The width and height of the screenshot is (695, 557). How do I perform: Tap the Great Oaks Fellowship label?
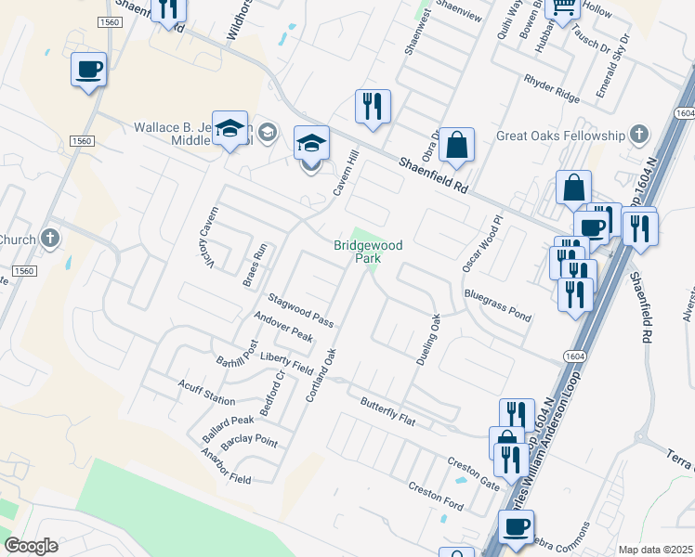click(560, 136)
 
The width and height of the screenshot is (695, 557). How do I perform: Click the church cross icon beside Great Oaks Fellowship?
click(638, 136)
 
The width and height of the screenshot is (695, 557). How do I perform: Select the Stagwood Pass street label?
click(300, 309)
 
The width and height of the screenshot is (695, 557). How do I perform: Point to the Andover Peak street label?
click(284, 327)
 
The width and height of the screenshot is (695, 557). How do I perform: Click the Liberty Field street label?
click(287, 363)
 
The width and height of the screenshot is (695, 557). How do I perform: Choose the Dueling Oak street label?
click(427, 339)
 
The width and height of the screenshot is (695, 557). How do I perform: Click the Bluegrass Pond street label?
click(498, 305)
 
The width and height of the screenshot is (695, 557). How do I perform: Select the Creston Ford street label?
click(436, 496)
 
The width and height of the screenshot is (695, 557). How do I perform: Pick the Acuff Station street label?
click(206, 394)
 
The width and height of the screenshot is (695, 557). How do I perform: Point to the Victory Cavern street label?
click(205, 239)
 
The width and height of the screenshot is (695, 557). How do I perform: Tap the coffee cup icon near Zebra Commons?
click(516, 528)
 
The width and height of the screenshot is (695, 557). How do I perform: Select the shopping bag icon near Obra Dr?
click(457, 146)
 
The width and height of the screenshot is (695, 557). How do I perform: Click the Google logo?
click(31, 546)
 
